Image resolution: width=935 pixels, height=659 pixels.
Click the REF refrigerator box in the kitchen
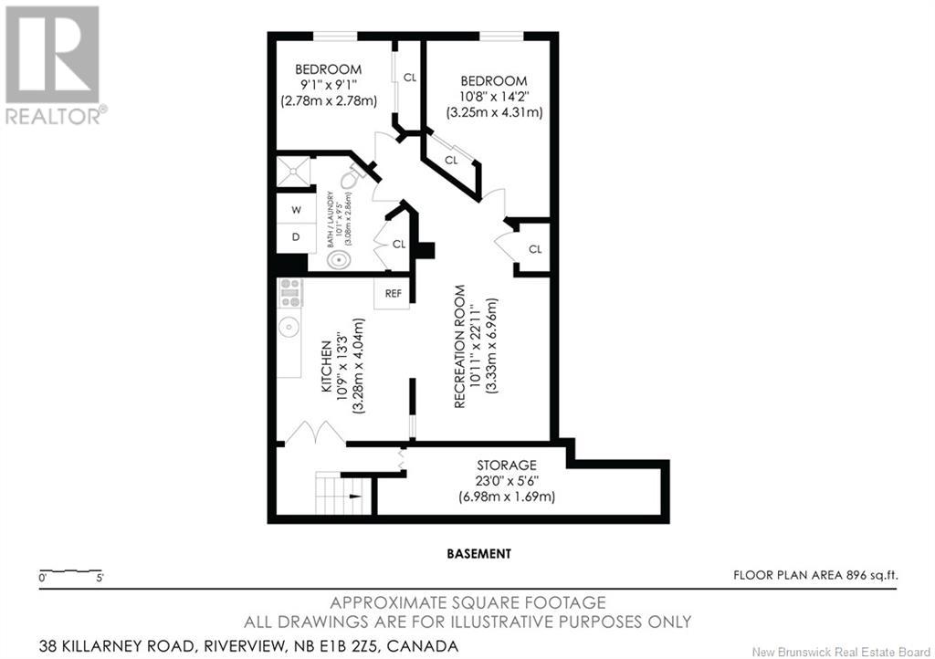coord(392,293)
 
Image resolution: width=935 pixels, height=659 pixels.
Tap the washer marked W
coord(297,209)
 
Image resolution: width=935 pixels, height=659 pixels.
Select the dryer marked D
coord(297,237)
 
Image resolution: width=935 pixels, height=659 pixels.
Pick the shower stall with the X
coord(294,173)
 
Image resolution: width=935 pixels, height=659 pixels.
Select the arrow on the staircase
coord(355,495)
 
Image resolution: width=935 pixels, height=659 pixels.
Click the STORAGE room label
coord(506,465)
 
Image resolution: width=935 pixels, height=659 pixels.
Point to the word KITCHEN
coord(326,366)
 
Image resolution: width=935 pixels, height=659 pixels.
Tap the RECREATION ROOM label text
coord(459,346)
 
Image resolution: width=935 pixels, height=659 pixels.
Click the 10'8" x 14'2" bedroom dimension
coord(494,96)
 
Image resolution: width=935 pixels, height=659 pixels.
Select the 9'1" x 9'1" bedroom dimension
coord(328,85)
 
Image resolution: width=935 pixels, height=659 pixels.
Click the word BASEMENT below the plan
coord(478,553)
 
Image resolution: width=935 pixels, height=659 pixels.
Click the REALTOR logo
coord(54,65)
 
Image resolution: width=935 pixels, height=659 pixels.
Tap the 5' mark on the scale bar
coord(99,578)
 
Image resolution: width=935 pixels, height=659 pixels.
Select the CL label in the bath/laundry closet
coord(398,245)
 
